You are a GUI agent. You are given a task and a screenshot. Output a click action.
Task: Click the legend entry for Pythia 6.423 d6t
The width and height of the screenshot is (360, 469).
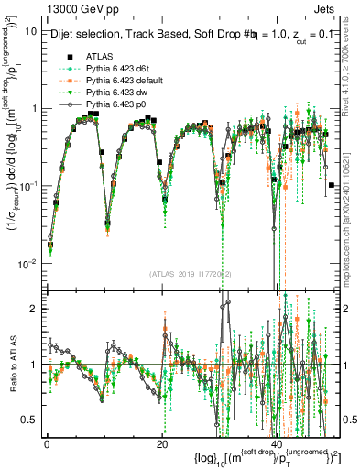point(114,68)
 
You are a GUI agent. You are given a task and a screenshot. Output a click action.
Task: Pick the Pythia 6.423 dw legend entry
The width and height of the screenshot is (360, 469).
point(114,93)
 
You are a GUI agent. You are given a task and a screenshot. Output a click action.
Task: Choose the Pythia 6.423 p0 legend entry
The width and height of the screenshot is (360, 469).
point(114,106)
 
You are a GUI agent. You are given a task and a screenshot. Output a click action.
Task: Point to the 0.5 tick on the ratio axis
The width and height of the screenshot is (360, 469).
point(30,420)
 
